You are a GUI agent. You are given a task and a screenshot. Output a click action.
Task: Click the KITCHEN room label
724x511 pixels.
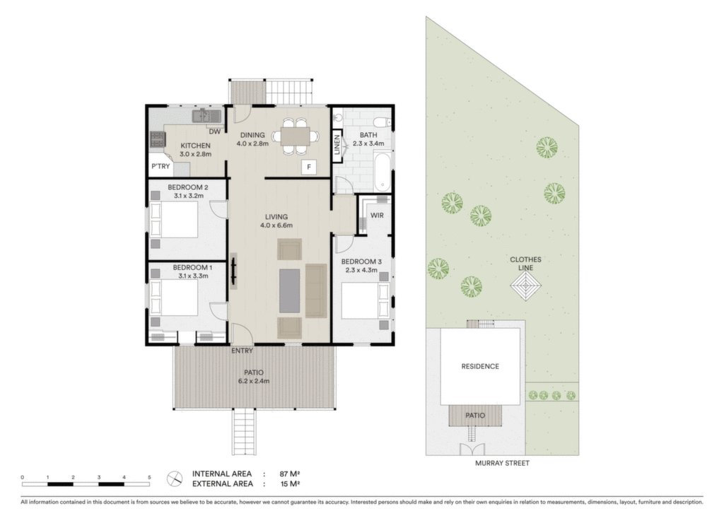point(195,146)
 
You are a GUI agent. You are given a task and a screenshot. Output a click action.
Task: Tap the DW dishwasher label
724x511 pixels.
point(215,131)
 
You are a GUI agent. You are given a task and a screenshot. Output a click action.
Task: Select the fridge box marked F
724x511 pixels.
point(309,167)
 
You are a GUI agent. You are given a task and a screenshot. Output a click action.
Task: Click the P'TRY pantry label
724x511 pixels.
point(160,166)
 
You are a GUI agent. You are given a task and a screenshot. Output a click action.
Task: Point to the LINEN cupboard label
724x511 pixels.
point(337,144)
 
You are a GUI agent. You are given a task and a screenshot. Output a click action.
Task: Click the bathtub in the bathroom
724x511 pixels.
point(382,172)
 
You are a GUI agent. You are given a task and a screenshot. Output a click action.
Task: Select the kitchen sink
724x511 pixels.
point(206,116)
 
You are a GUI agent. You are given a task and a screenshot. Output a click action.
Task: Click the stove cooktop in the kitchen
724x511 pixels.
point(158,139)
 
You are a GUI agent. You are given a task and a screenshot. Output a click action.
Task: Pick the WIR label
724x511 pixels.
point(377,215)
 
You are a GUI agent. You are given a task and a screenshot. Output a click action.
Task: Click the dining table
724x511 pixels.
point(296,136)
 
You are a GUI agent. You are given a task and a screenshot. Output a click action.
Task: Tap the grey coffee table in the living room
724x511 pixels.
point(289,290)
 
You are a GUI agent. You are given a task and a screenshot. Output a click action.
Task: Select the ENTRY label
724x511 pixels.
point(242,351)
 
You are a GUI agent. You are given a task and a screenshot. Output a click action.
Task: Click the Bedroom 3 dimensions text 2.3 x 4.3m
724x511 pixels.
point(361,270)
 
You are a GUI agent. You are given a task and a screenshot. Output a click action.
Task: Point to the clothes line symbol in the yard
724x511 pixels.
point(525,286)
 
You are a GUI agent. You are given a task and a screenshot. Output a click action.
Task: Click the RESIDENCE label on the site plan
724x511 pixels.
point(480,367)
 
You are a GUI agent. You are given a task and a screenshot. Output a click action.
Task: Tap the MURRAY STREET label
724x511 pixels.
point(503,463)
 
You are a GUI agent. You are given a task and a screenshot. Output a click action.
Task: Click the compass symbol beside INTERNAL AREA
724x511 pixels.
point(175,478)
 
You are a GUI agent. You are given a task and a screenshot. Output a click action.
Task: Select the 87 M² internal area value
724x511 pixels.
point(290,474)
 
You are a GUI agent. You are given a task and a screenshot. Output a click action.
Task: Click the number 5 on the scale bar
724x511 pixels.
point(149,477)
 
